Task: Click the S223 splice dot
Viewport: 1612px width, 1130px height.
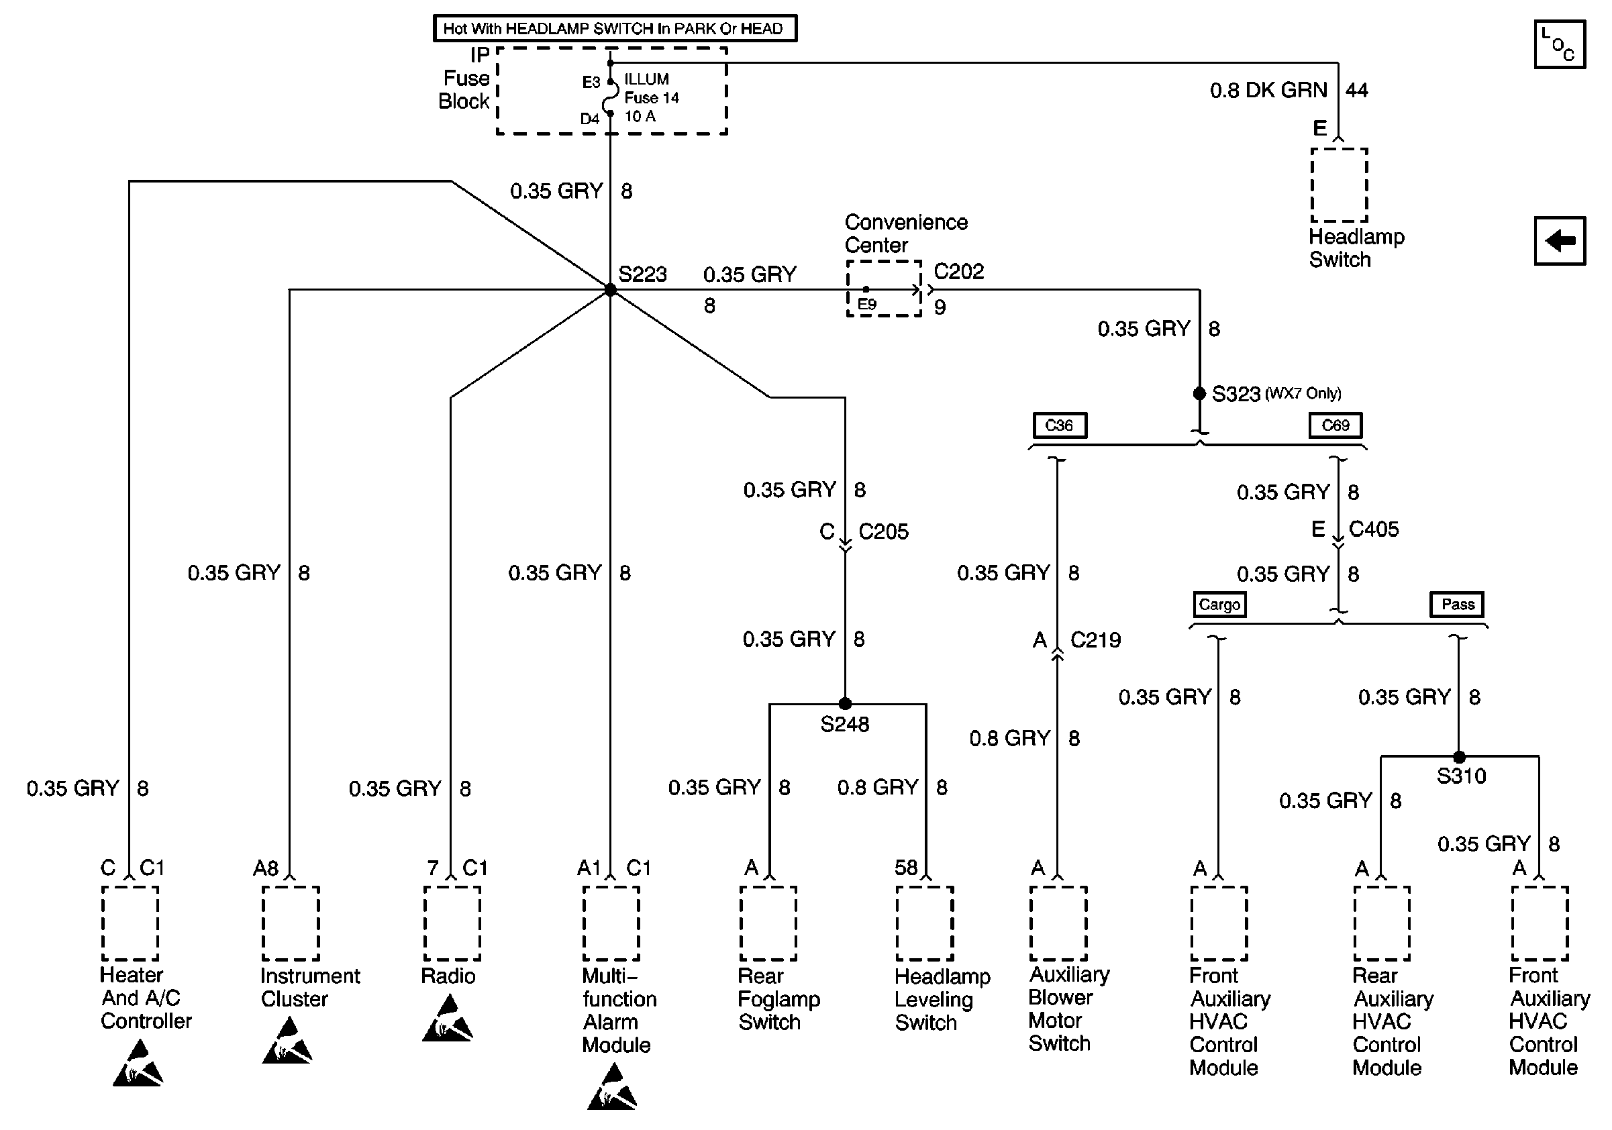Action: click(610, 290)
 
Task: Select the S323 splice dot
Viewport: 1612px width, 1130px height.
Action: click(1199, 394)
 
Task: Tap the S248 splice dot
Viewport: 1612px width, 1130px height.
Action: click(845, 703)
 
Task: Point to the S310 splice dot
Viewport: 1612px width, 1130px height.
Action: click(1459, 758)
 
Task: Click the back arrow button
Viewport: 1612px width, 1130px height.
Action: click(1560, 241)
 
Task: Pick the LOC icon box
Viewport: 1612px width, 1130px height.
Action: click(1560, 45)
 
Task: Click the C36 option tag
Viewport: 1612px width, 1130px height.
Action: click(1060, 425)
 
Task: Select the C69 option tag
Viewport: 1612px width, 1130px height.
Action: click(1336, 425)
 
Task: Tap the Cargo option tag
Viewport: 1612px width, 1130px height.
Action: click(1219, 605)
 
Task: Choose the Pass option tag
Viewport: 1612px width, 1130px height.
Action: click(1458, 605)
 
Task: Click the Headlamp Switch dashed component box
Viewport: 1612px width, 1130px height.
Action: click(1339, 185)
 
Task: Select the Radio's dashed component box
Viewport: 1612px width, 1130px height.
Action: click(452, 923)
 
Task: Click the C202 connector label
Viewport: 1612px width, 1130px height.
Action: click(958, 272)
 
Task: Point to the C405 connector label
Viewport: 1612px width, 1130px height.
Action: click(1373, 529)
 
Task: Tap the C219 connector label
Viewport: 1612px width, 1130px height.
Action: click(1095, 639)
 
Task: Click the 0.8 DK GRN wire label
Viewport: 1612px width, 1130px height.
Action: click(1268, 90)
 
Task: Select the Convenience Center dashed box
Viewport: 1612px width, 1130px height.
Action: click(884, 289)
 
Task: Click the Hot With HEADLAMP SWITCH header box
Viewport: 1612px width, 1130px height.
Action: click(615, 29)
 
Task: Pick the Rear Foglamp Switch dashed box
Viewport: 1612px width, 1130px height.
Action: click(768, 923)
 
